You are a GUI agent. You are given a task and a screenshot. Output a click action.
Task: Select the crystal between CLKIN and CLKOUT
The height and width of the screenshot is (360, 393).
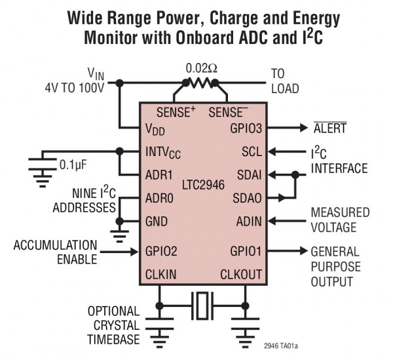[201, 304]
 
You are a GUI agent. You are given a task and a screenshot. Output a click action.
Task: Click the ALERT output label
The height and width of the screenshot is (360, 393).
[331, 129]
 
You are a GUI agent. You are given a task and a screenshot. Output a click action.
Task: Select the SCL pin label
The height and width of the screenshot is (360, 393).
[251, 151]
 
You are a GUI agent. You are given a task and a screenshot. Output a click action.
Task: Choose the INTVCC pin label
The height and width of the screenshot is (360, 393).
[162, 152]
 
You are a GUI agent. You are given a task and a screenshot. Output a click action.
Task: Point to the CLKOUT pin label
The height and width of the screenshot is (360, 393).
[240, 273]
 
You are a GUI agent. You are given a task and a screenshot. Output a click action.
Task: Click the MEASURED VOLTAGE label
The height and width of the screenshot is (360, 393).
[340, 220]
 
